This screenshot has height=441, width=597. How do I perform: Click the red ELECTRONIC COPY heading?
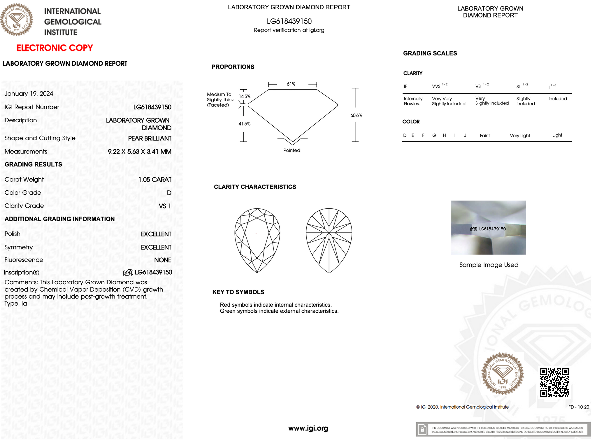coord(55,48)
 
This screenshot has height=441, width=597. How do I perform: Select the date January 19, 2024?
coord(29,94)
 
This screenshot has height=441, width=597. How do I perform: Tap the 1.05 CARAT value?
coord(155,180)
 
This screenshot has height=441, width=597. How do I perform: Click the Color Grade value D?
coord(169,193)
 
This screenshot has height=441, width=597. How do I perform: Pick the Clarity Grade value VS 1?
coord(165,206)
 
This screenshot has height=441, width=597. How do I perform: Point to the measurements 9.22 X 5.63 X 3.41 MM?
coord(139,152)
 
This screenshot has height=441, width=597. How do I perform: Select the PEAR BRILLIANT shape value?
coord(150,139)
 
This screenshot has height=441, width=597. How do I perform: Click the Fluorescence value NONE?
coord(163,260)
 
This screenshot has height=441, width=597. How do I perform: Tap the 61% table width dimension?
coord(291,84)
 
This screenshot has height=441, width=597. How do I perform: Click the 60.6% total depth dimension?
coord(356,116)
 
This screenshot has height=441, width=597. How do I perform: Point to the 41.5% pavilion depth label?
coord(244,124)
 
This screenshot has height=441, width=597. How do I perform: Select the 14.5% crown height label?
coord(245,97)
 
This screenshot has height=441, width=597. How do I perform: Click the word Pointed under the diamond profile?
coord(292,151)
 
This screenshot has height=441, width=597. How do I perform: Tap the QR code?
coord(554,382)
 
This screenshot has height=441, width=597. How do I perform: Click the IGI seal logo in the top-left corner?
coord(17,20)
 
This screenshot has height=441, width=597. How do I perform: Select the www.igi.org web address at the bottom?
coord(308,428)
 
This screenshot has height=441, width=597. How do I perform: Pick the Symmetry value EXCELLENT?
coord(156,247)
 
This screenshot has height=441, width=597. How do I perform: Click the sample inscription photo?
coord(488,228)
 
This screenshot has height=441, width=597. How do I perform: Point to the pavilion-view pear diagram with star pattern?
coord(329,240)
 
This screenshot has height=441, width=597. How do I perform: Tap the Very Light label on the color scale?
coord(520,136)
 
